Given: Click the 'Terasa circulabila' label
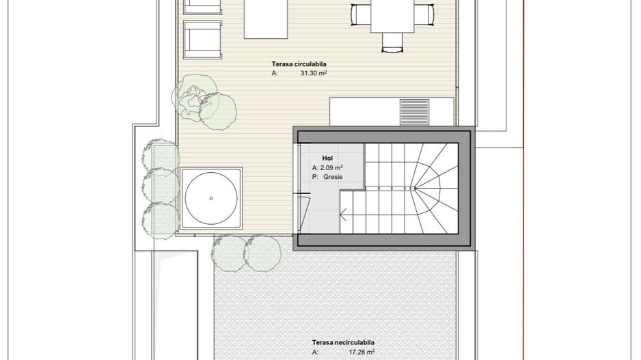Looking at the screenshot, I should tap(299, 64).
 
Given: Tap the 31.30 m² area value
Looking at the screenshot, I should tap(313, 72).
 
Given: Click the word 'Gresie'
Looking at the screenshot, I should tap(333, 177).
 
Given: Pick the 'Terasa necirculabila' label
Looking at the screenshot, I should tap(343, 342).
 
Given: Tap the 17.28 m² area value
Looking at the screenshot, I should tap(362, 352).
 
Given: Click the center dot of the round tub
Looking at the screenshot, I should tap(210, 199).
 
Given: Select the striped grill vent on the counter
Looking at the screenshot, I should tap(414, 111).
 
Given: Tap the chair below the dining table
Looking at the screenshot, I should tap(392, 44).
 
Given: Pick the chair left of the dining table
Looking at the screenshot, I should tap(360, 14).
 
